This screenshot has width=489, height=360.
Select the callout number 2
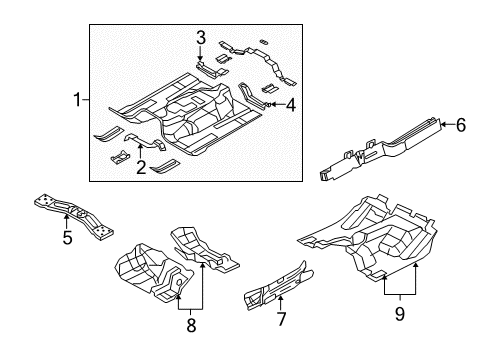tap(142, 168)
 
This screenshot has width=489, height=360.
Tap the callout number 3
tap(200, 38)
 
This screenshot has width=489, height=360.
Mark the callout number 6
tap(461, 125)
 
